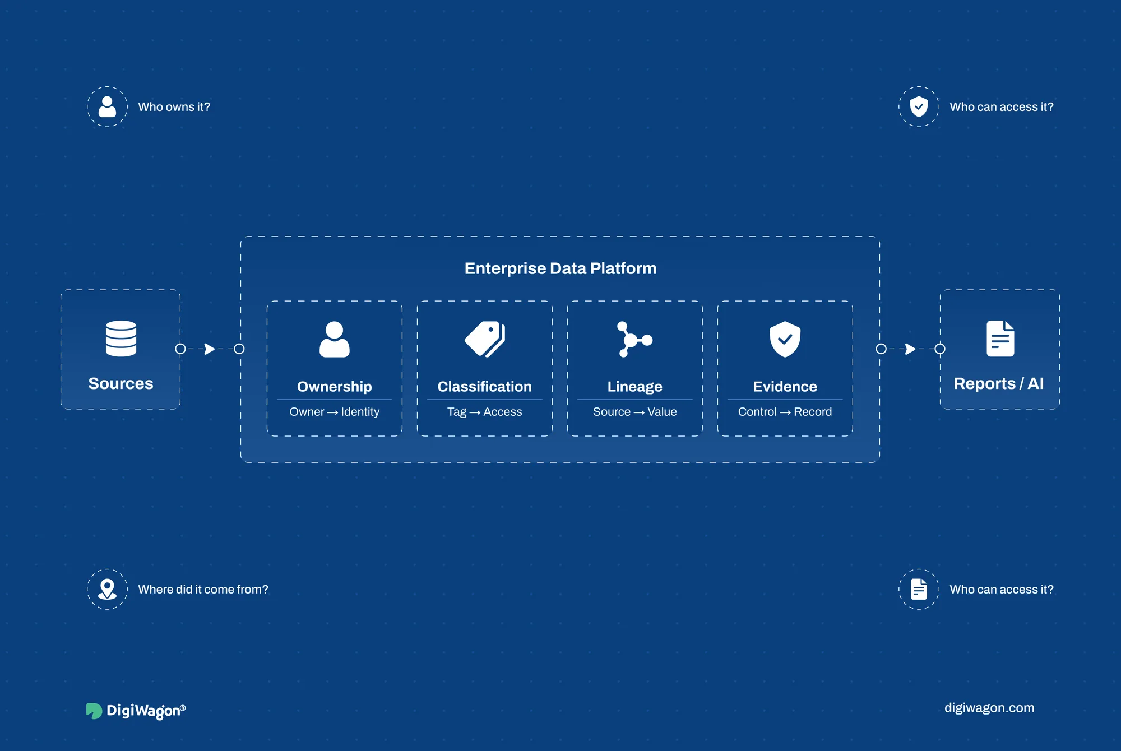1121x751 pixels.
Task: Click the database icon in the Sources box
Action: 121,339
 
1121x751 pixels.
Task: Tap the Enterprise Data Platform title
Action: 560,268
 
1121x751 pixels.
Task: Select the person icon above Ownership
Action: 335,339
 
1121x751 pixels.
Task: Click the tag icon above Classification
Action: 485,339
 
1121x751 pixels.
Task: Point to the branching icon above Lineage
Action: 634,339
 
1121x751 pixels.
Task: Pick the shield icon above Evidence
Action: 785,339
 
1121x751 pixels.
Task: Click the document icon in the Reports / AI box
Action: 1000,339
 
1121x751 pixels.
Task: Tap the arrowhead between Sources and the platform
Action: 210,349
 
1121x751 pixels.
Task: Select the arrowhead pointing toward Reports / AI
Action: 910,349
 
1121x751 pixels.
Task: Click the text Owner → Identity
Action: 335,412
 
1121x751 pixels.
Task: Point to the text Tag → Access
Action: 485,412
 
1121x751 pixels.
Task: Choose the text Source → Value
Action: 635,412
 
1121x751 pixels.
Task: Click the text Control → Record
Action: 785,412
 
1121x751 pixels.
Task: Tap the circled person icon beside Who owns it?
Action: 107,106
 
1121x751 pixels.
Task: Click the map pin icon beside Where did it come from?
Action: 107,589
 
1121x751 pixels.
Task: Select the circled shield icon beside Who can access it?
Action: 919,106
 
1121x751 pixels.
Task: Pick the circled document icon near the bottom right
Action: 919,589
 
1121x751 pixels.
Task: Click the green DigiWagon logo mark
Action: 94,711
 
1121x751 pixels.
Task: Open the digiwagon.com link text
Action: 989,708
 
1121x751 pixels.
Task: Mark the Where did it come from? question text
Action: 203,590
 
